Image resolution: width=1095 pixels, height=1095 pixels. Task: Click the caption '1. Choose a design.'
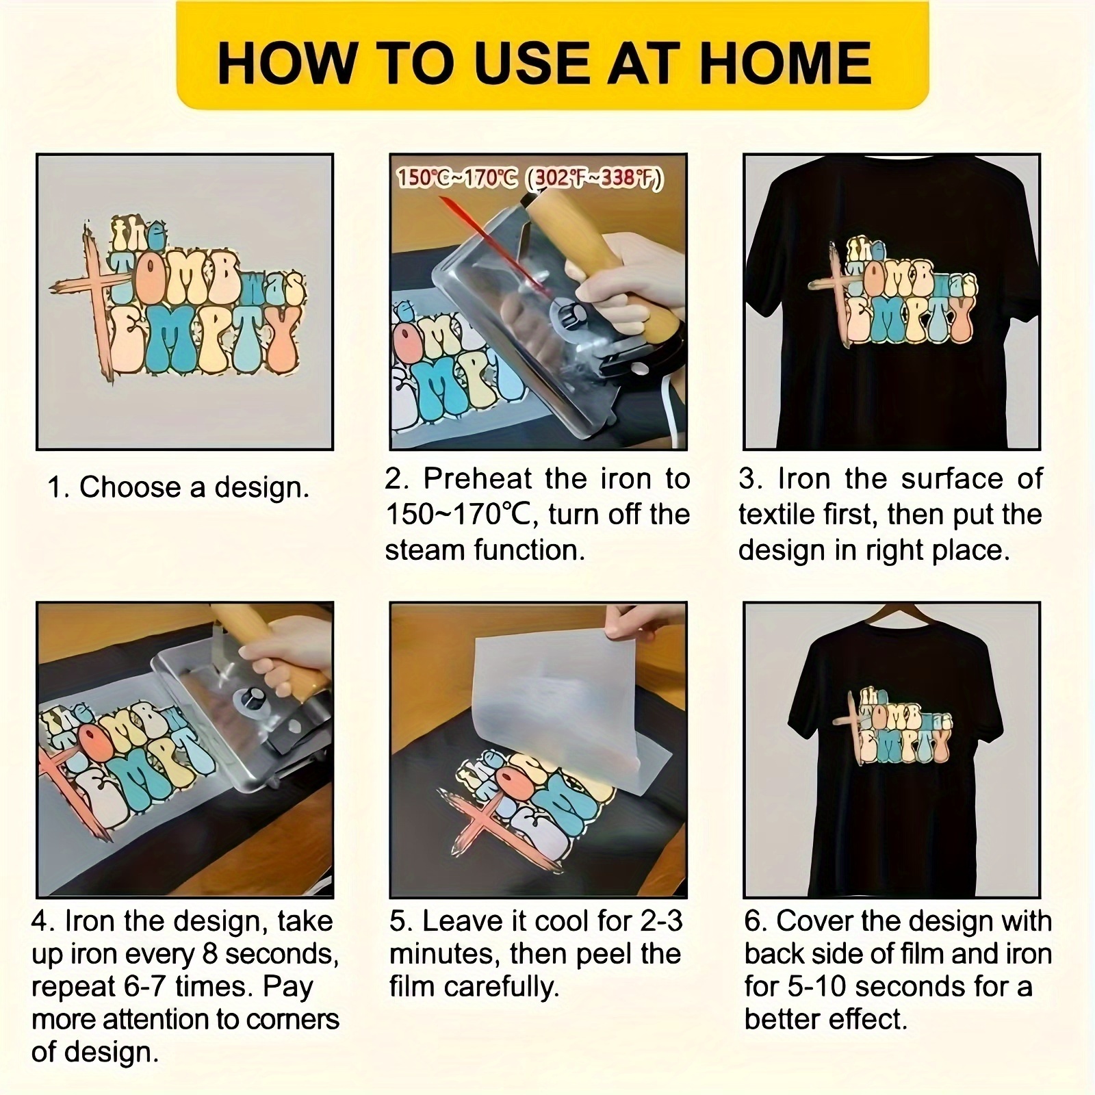(x=178, y=488)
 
